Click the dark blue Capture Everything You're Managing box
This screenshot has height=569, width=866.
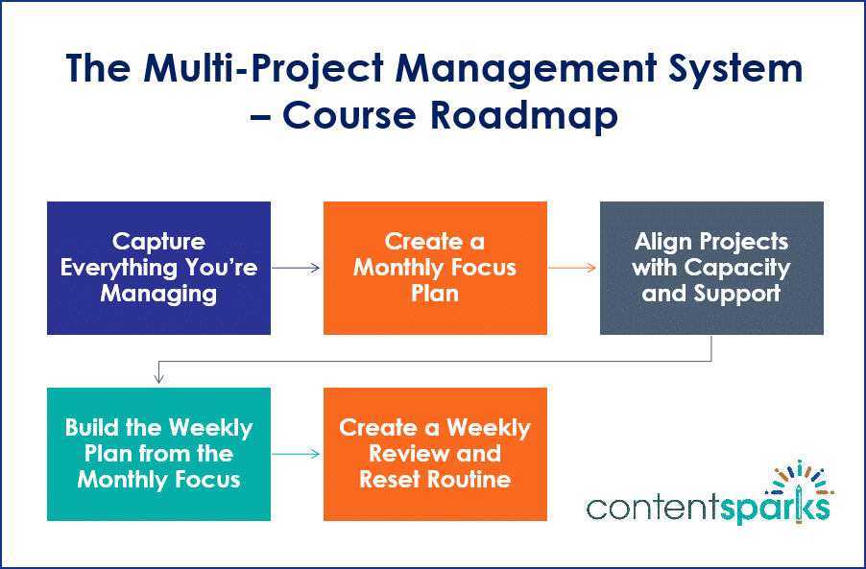point(158,268)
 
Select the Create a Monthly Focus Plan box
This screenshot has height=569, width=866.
point(435,268)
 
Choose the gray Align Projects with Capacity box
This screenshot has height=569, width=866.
point(711,268)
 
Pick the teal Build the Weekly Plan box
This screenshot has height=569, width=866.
point(158,454)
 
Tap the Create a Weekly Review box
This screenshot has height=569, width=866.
point(435,454)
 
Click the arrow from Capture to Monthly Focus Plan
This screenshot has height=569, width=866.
point(297,269)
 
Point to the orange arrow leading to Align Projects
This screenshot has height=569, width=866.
point(573,269)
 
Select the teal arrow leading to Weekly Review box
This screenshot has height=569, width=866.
point(297,454)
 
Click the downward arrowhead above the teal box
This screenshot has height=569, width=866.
point(158,378)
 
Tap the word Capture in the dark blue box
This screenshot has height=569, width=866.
point(158,241)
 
